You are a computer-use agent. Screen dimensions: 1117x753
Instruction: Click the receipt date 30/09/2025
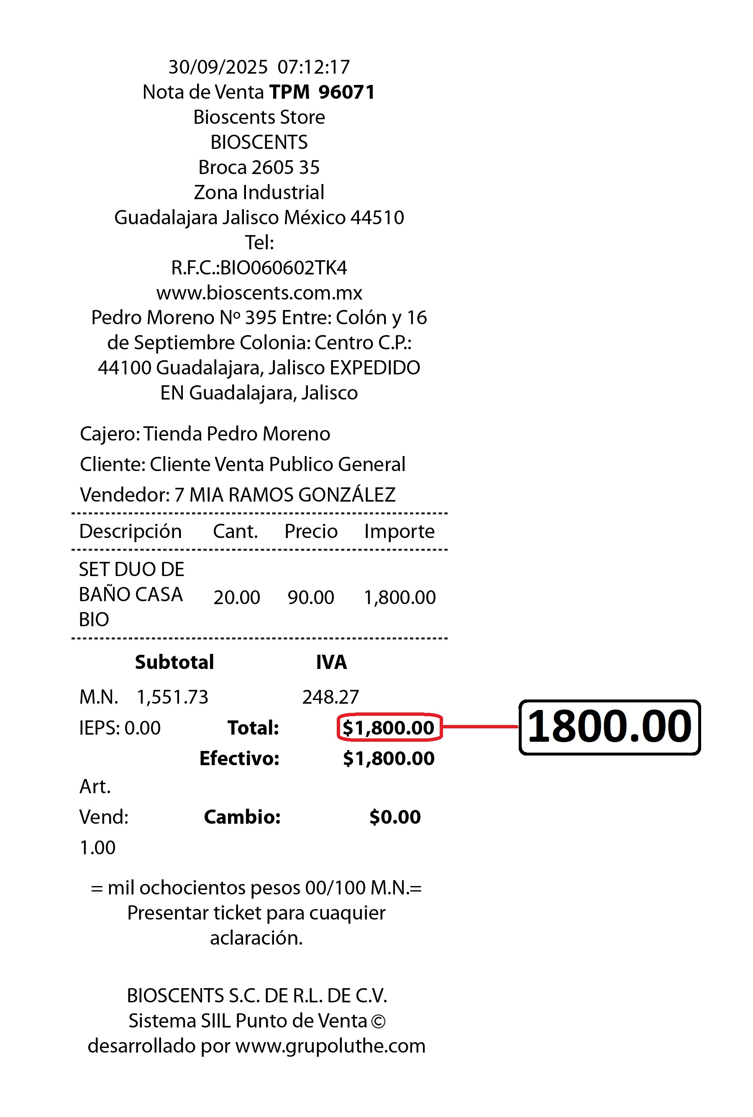click(x=218, y=67)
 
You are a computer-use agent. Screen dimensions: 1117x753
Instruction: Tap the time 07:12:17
click(x=314, y=67)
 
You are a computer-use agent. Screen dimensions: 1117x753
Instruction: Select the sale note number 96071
click(x=346, y=92)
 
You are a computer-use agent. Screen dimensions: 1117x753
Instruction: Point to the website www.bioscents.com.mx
click(x=259, y=293)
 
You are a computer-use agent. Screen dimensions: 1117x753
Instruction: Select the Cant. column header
click(x=235, y=532)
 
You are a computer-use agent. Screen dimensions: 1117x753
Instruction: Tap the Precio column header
click(x=311, y=532)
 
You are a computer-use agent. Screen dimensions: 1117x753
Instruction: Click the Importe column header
click(x=399, y=532)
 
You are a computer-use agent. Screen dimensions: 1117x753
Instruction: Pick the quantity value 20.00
click(x=237, y=598)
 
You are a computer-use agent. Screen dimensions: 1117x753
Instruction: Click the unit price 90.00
click(x=311, y=598)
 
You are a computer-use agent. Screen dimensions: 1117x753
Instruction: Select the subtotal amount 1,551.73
click(x=172, y=697)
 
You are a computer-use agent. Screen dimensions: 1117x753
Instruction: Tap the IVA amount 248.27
click(x=330, y=697)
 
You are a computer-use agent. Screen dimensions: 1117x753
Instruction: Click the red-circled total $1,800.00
click(x=389, y=728)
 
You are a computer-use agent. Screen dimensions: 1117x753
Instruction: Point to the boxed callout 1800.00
click(x=610, y=727)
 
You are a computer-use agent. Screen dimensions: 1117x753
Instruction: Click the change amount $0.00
click(x=395, y=817)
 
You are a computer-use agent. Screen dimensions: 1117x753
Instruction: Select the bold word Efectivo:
click(x=239, y=759)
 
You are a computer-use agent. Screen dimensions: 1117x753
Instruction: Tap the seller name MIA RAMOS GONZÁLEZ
click(x=292, y=495)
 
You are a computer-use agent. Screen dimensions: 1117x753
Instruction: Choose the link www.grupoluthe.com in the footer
click(x=330, y=1046)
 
